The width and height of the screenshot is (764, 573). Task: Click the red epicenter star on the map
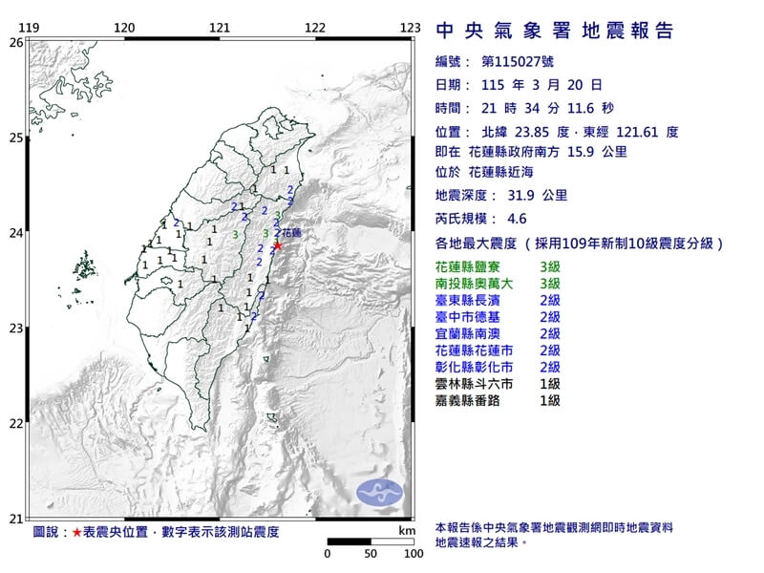click(x=278, y=245)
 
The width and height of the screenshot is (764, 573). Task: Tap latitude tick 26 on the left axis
click(x=15, y=42)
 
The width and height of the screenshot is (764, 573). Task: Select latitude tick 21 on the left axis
click(x=15, y=519)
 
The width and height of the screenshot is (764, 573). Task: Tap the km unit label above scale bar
click(x=408, y=529)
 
